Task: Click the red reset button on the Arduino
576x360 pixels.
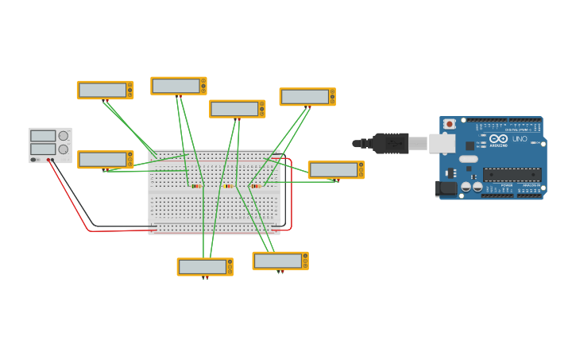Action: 450,124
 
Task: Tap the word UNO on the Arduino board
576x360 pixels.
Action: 520,139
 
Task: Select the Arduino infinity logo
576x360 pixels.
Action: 498,138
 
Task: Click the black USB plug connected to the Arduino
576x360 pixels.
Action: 390,143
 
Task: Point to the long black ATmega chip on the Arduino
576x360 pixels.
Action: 512,174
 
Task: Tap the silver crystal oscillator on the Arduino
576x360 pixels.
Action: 469,159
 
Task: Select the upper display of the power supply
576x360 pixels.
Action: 43,136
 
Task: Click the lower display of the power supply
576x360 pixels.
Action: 43,149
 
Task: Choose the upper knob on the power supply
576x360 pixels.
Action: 64,136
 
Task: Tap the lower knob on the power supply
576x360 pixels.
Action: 63,149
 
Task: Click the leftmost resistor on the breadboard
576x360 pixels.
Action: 196,186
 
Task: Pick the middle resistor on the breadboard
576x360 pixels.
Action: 228,186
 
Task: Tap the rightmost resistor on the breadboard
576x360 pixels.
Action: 256,186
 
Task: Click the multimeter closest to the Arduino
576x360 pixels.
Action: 336,170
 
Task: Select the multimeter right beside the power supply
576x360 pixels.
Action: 105,160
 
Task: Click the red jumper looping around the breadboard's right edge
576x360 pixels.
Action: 291,195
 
